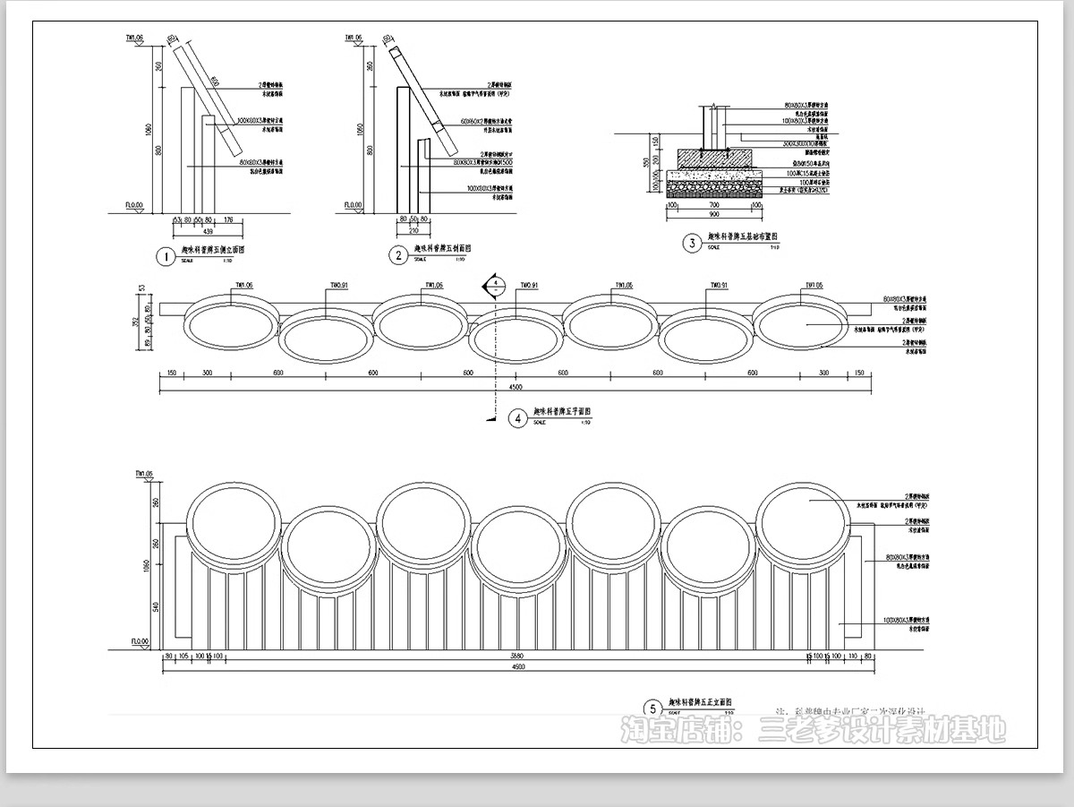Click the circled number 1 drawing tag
point(164,257)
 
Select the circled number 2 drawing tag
point(398,255)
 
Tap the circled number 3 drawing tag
point(691,243)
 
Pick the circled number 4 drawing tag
point(517,418)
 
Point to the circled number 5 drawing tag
point(653,708)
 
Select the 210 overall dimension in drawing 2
point(413,229)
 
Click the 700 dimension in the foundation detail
point(714,205)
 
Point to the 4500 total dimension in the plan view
point(516,387)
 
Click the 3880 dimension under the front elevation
point(516,656)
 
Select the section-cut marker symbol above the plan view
point(493,287)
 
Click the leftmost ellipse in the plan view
point(231,325)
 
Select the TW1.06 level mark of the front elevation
point(144,473)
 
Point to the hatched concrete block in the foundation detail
point(714,158)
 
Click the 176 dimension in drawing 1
point(227,219)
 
